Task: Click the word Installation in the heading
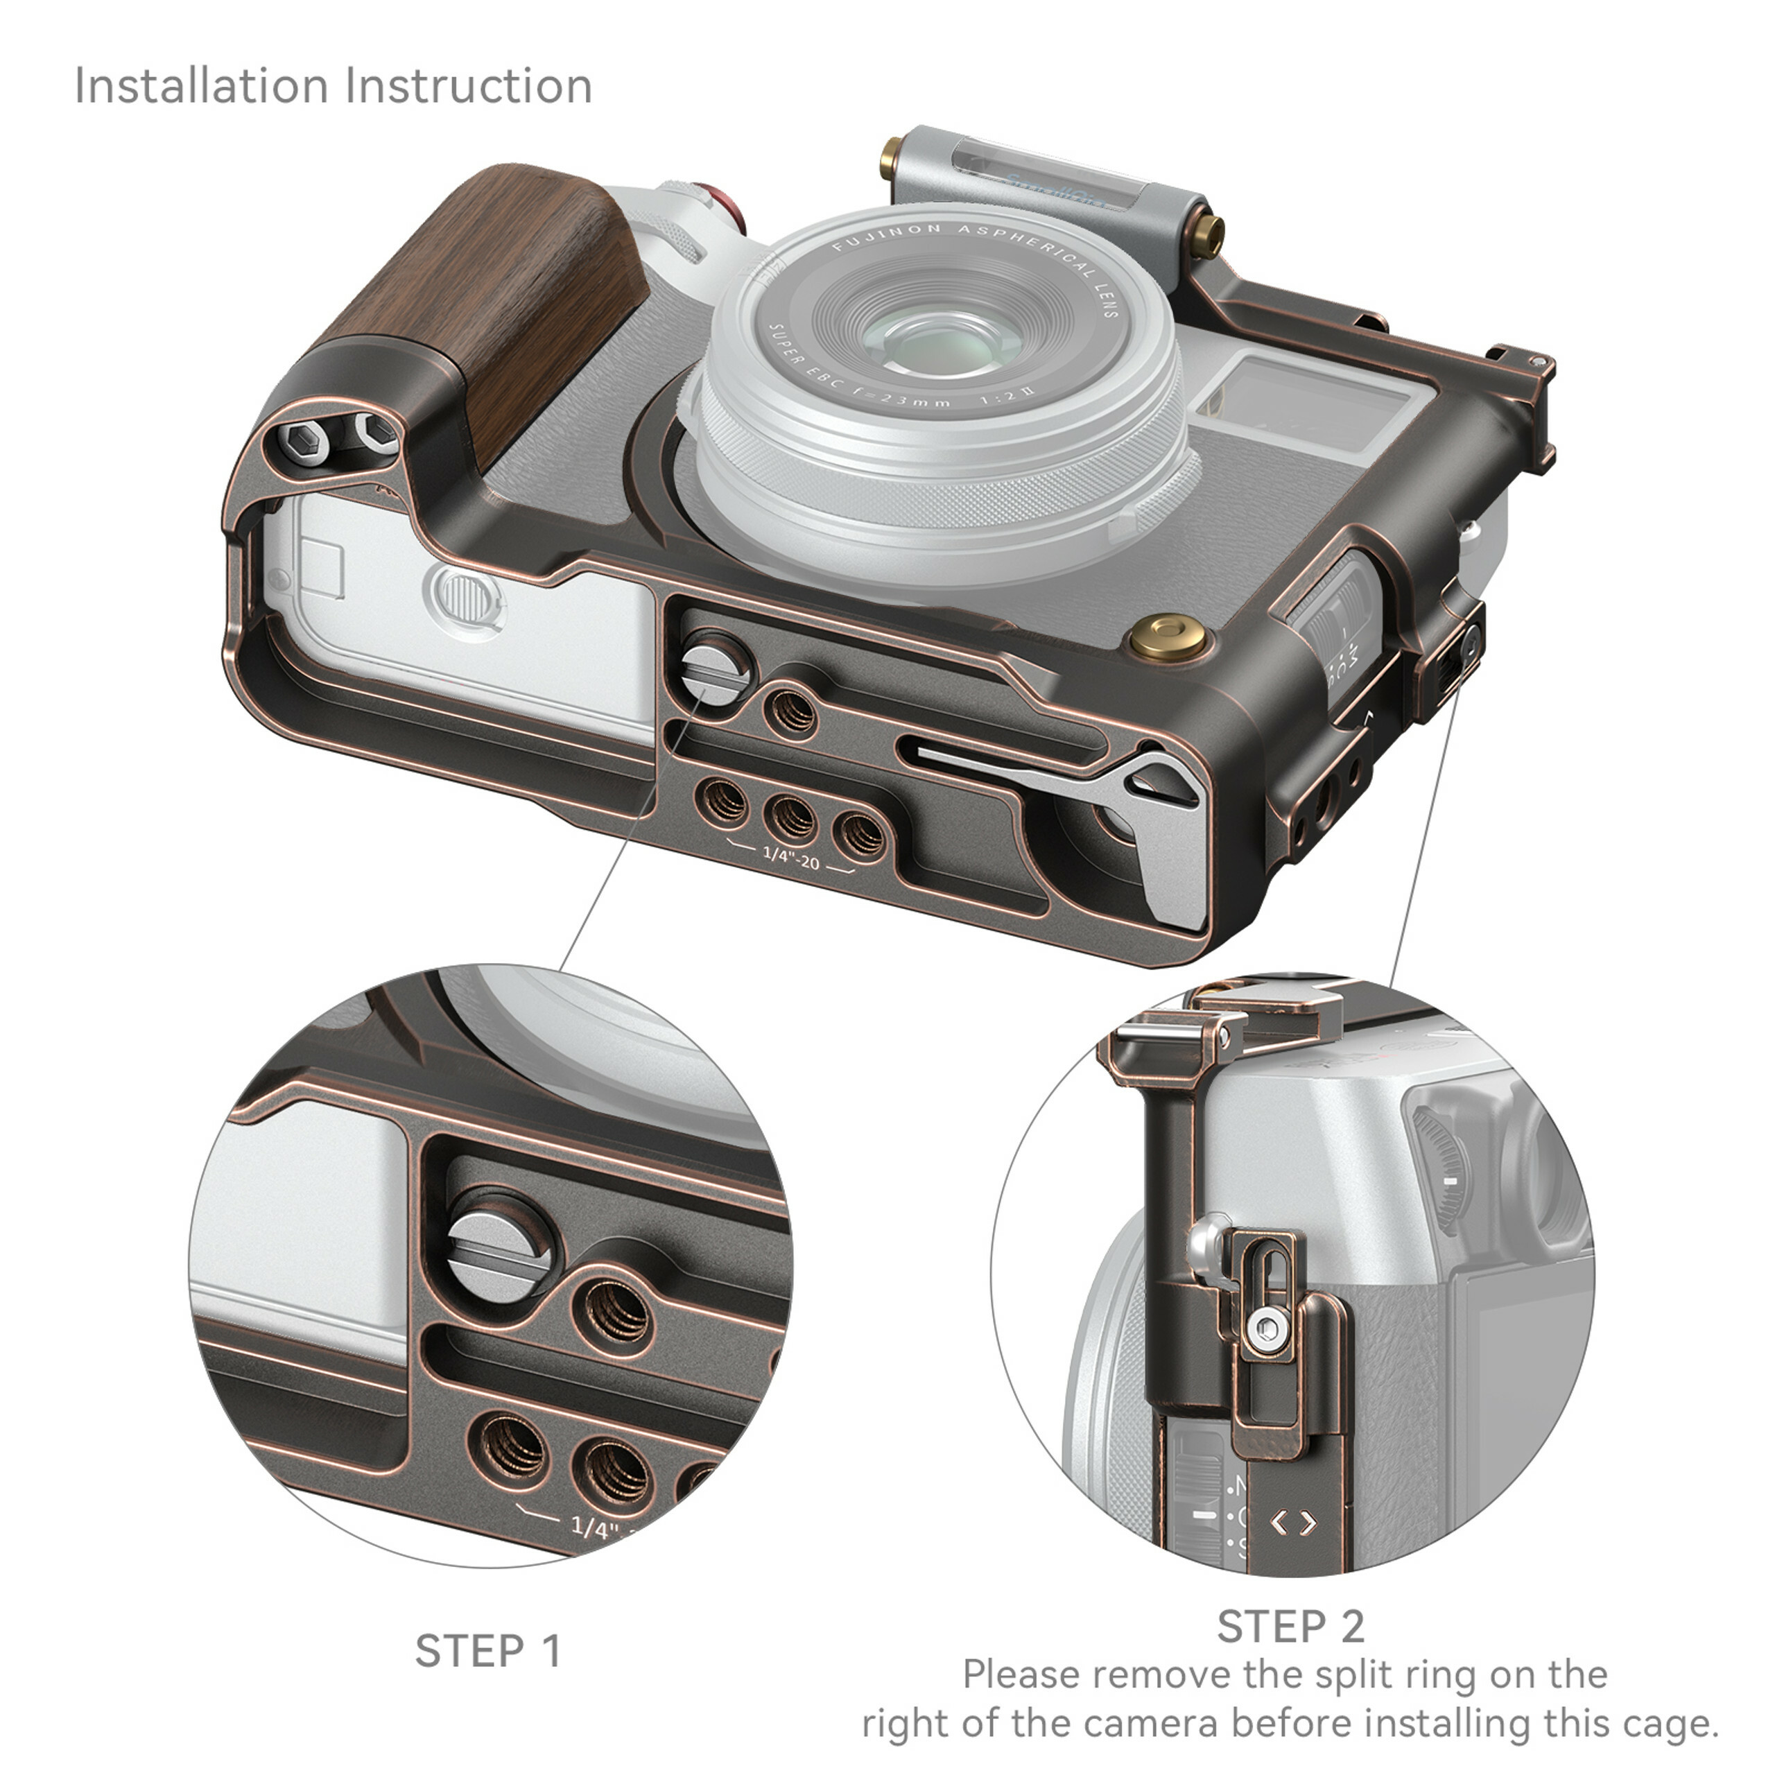click(x=200, y=87)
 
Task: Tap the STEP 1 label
click(x=488, y=1651)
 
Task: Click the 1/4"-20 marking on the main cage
click(x=791, y=861)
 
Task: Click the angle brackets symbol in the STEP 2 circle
click(x=1294, y=1523)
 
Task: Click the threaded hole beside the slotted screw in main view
click(x=791, y=710)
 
